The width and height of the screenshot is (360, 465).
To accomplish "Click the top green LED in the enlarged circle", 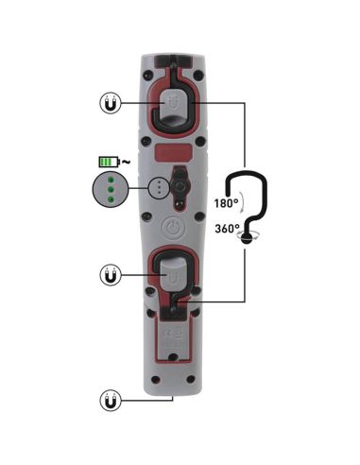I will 111,178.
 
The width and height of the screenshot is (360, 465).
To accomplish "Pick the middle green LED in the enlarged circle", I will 111,188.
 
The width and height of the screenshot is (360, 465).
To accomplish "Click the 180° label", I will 225,203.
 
